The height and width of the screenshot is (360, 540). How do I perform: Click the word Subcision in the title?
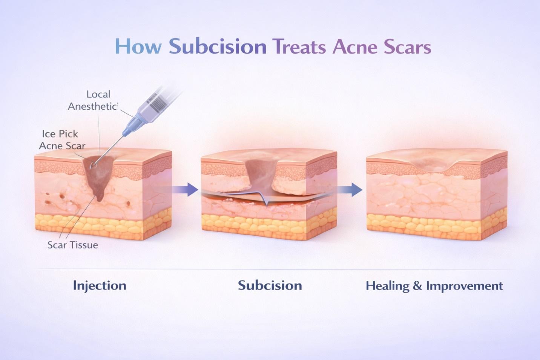coord(218,47)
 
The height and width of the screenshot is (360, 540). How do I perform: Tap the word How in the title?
coord(138,47)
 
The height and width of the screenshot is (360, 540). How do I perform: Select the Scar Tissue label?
coord(73,245)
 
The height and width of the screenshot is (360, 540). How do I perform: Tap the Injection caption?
coord(100,285)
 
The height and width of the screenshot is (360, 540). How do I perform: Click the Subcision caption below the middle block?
coord(270,285)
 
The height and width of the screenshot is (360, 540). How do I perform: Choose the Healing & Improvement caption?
coord(434,286)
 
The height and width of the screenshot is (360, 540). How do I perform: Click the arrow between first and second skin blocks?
coord(185,189)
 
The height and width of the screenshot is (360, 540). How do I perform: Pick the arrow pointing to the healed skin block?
coord(350,189)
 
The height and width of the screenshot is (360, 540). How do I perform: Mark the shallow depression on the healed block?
coord(434,162)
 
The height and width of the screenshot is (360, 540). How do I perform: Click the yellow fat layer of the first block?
coord(102,225)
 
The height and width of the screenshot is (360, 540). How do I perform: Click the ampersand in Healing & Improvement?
coord(417,286)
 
